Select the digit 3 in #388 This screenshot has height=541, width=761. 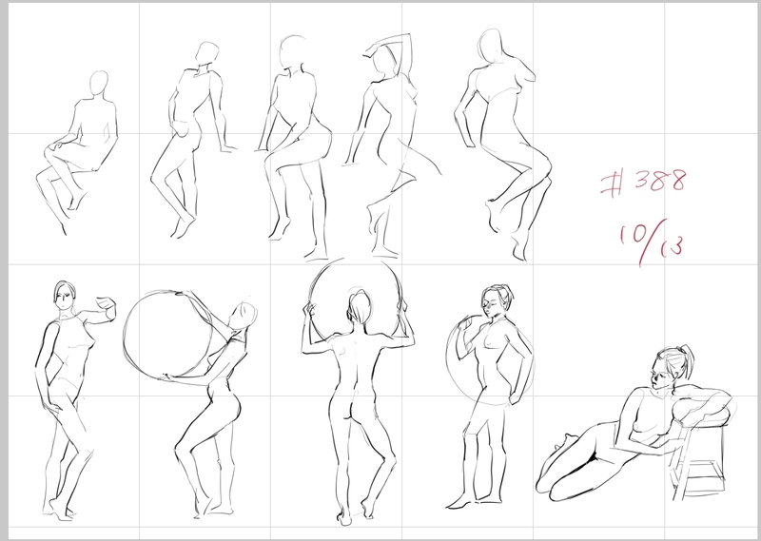click(x=643, y=180)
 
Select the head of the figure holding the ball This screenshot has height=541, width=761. click(x=243, y=317)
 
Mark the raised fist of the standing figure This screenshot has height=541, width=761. click(x=107, y=305)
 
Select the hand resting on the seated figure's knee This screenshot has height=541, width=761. click(x=55, y=144)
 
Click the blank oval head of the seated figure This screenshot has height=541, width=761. click(x=99, y=84)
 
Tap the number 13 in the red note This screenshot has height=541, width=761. click(x=673, y=246)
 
